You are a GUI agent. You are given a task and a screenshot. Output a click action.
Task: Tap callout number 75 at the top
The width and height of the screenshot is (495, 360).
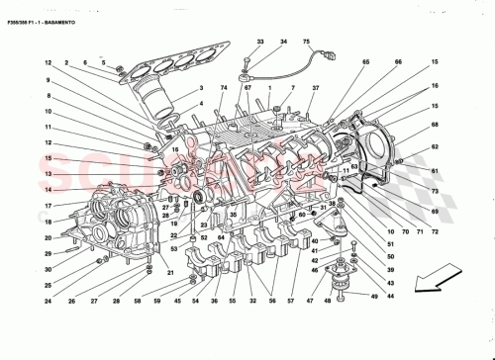click(x=306, y=43)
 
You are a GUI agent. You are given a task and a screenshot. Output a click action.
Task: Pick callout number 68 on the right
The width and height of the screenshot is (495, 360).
click(x=434, y=125)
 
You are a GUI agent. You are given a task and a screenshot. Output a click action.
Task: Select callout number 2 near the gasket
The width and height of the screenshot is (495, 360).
click(x=67, y=64)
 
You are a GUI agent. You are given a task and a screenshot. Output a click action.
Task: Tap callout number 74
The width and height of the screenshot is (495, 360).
click(x=224, y=90)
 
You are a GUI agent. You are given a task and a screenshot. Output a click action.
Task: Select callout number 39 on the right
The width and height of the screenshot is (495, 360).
click(x=390, y=270)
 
